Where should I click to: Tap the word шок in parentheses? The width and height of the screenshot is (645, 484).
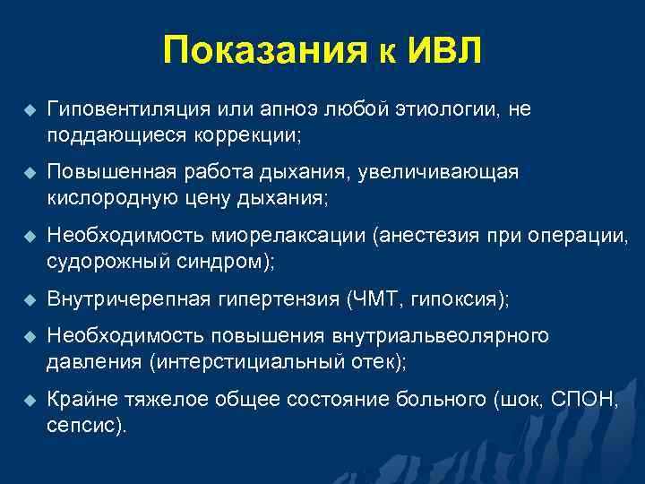(521, 400)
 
